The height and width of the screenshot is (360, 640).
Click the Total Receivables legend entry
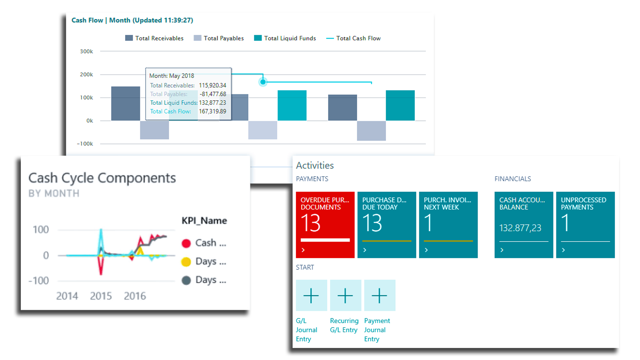[x=154, y=38]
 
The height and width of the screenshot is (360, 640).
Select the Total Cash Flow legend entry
[x=354, y=38]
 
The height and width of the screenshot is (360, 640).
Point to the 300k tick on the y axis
[x=86, y=52]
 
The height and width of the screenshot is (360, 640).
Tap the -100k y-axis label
[x=85, y=144]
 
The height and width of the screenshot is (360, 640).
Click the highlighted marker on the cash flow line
[x=263, y=82]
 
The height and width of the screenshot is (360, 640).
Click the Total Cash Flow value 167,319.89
[x=212, y=112]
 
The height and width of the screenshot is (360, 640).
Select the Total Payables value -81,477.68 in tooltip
[x=213, y=94]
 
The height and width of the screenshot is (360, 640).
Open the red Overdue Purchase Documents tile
[x=325, y=225]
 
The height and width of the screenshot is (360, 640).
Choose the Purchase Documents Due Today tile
[x=387, y=225]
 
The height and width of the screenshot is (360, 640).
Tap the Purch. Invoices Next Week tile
[x=448, y=225]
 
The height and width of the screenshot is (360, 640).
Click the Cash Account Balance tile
[x=524, y=225]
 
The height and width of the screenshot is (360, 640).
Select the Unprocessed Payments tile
[x=586, y=225]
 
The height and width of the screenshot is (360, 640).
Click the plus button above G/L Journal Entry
[x=312, y=295]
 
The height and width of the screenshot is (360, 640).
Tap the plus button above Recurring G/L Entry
[x=346, y=295]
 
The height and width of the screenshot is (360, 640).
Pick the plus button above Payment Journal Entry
[x=380, y=295]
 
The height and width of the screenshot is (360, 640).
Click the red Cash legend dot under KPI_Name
[x=186, y=243]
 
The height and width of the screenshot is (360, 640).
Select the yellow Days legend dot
[x=186, y=262]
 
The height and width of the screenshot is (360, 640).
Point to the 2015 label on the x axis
[x=101, y=296]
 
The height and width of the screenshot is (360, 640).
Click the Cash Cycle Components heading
[x=102, y=178]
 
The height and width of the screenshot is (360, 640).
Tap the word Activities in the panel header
[x=315, y=166]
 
